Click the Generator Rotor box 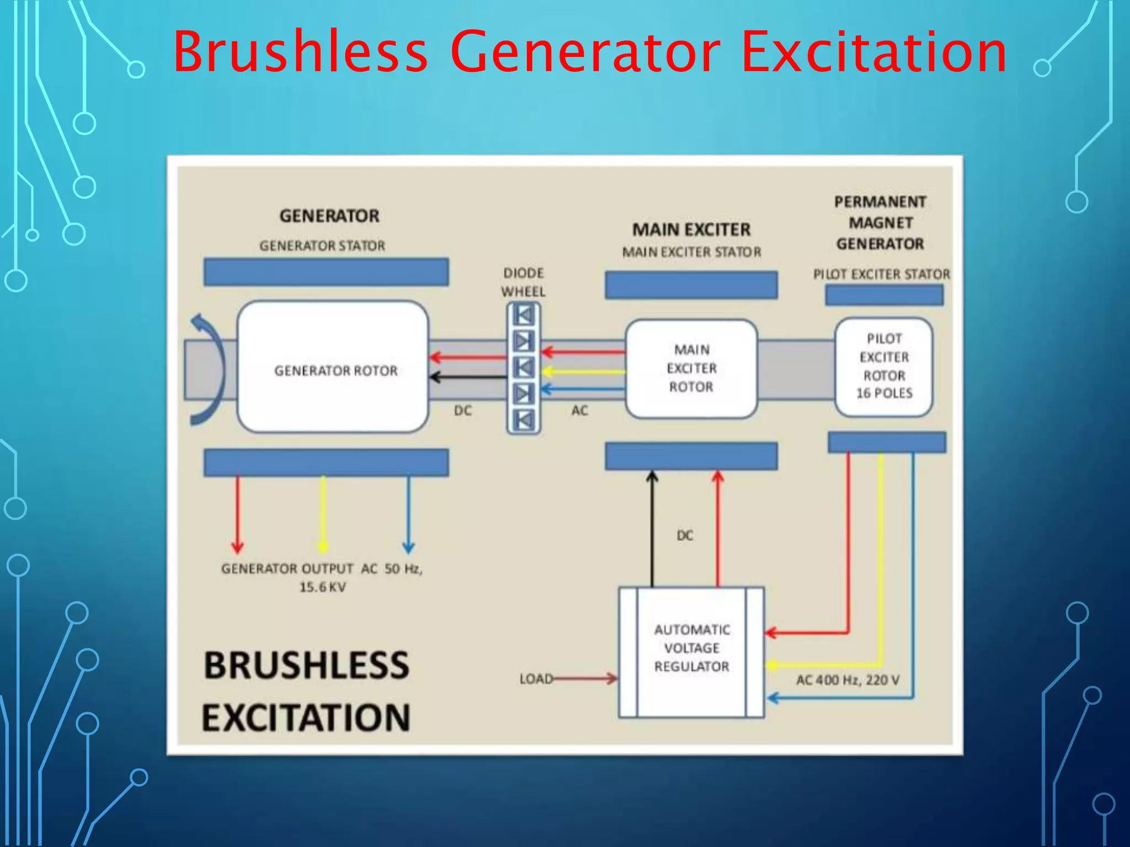click(x=333, y=367)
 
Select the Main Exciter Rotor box click(x=691, y=368)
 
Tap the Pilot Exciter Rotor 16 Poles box click(x=883, y=366)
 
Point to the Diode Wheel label click(x=523, y=282)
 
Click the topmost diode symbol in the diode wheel click(x=524, y=316)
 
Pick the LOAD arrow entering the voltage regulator click(x=585, y=678)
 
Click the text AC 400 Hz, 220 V click(x=847, y=680)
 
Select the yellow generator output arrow click(x=323, y=513)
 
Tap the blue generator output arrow click(x=408, y=513)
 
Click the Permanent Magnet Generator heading click(x=880, y=223)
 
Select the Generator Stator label click(x=322, y=246)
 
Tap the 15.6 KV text click(x=322, y=587)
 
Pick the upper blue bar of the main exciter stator click(x=691, y=285)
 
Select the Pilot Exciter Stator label click(x=881, y=274)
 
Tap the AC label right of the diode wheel click(x=579, y=410)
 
